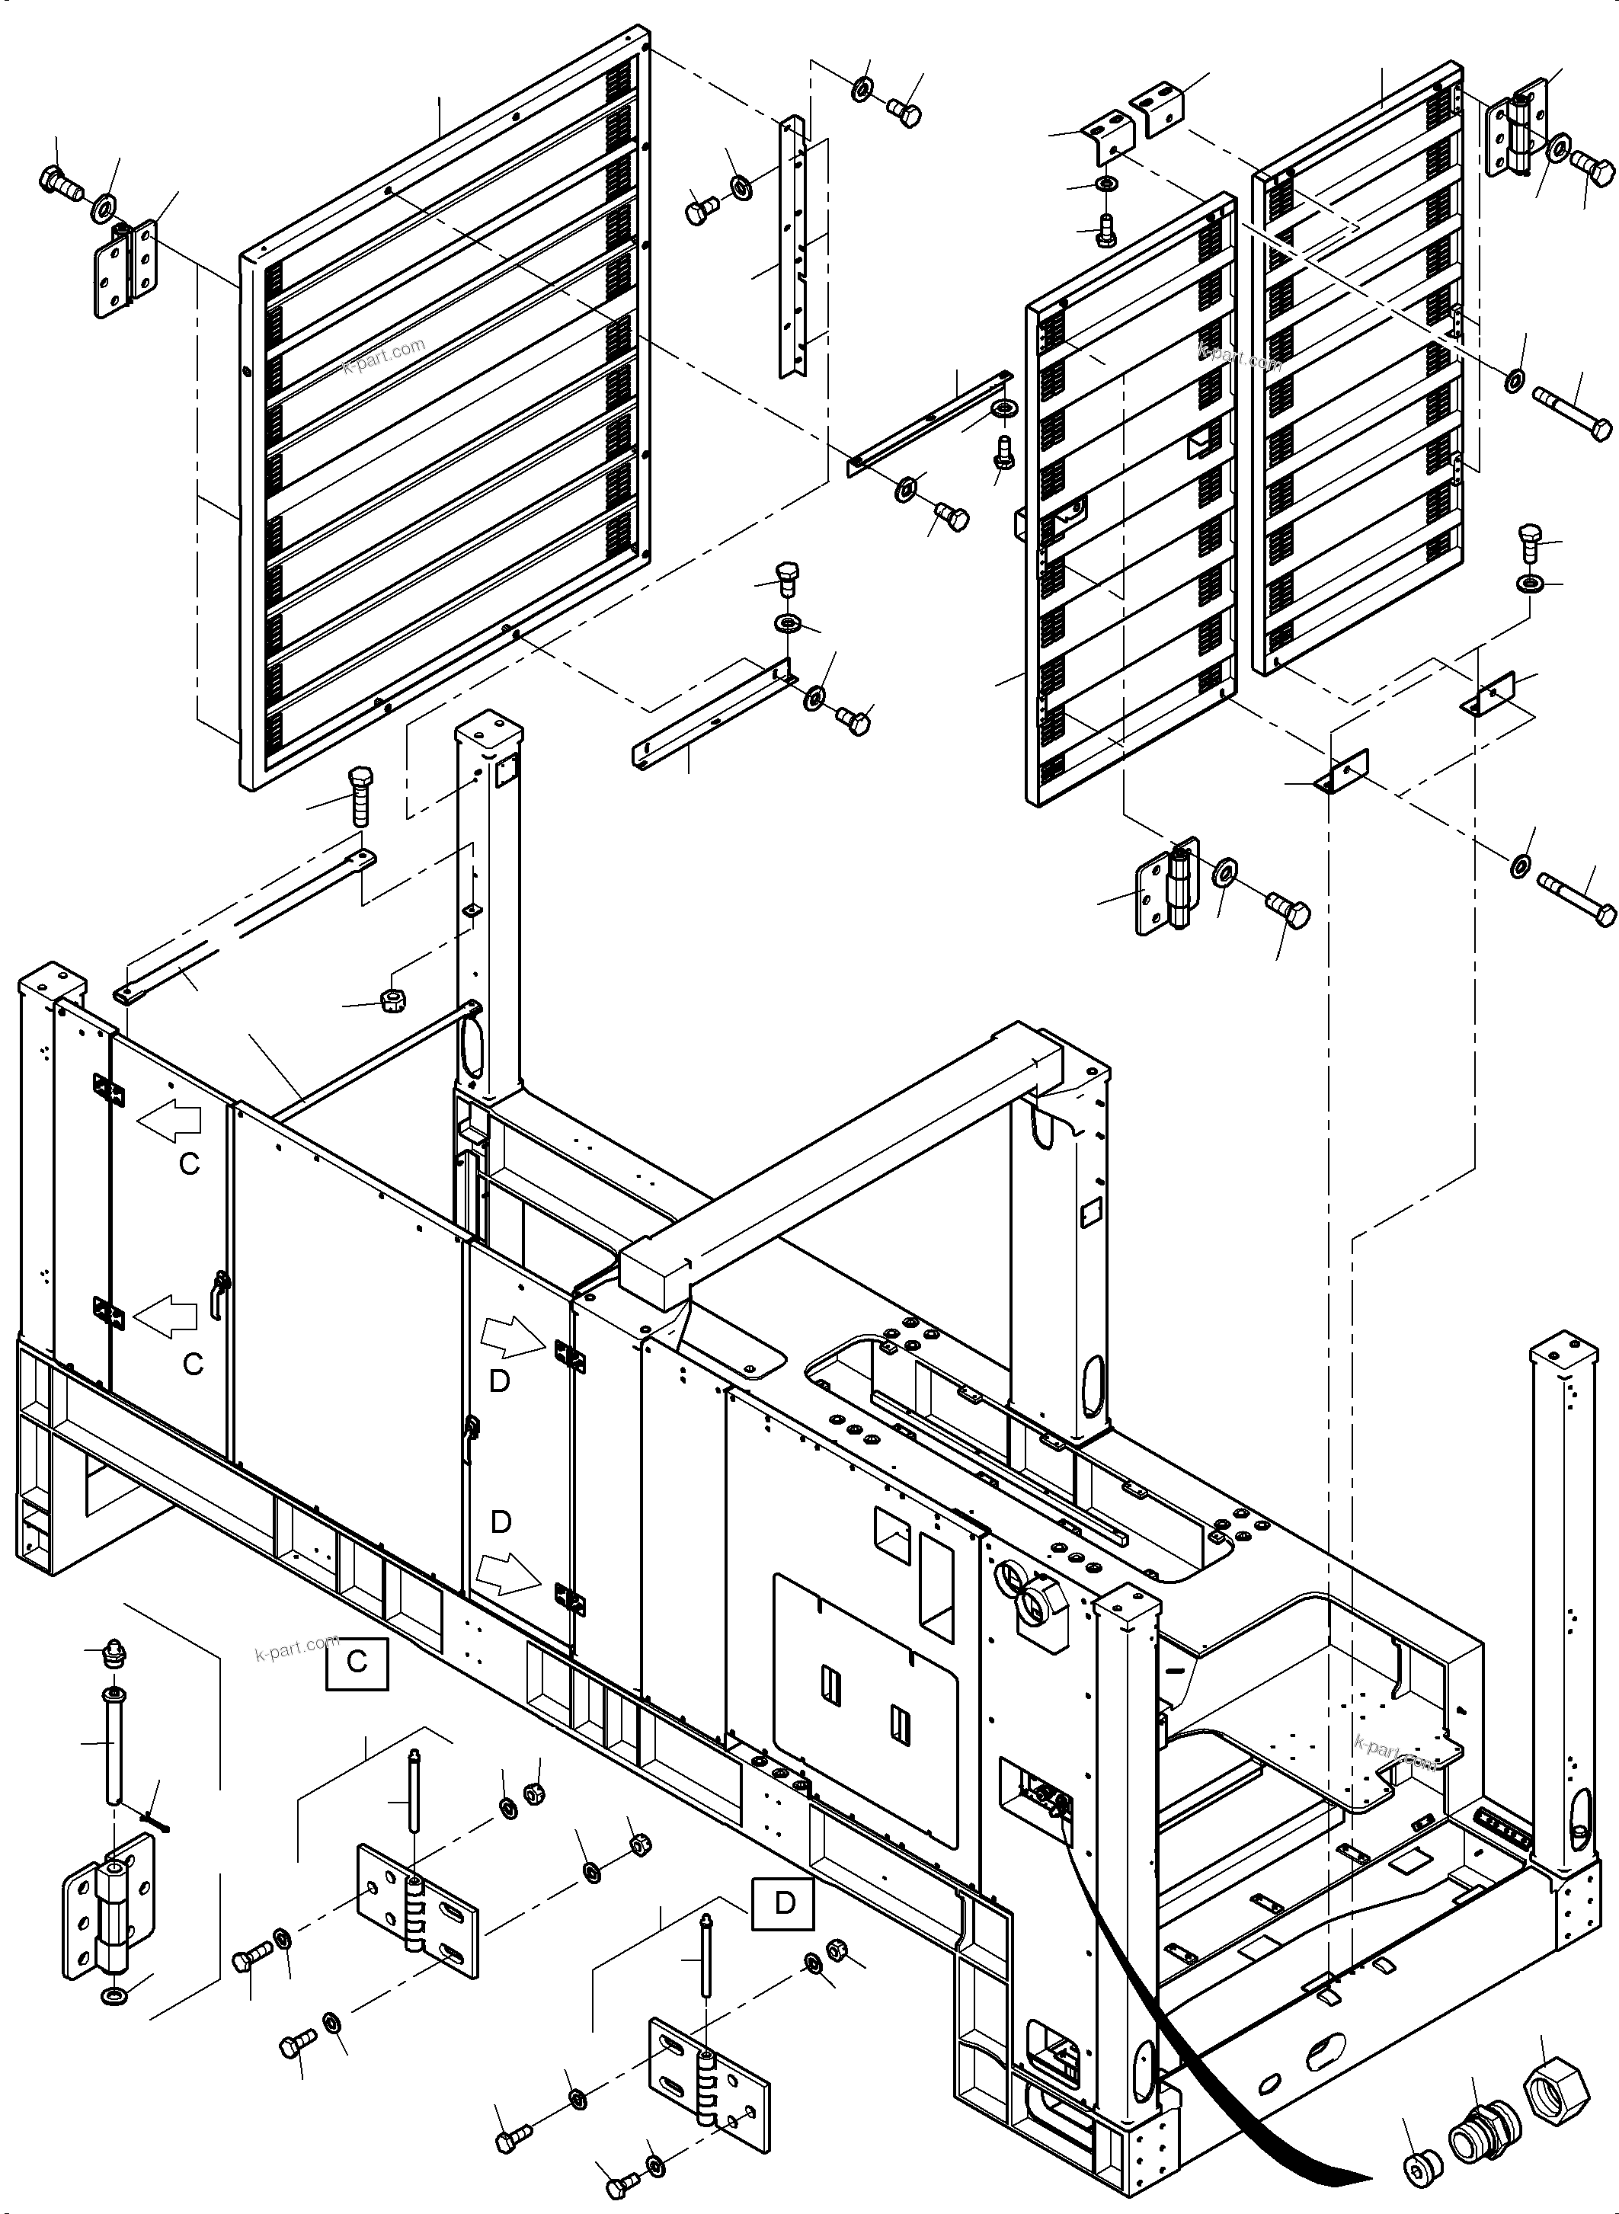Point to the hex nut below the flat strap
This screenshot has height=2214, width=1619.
[x=394, y=1000]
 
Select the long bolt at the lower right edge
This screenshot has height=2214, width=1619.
[x=1576, y=897]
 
